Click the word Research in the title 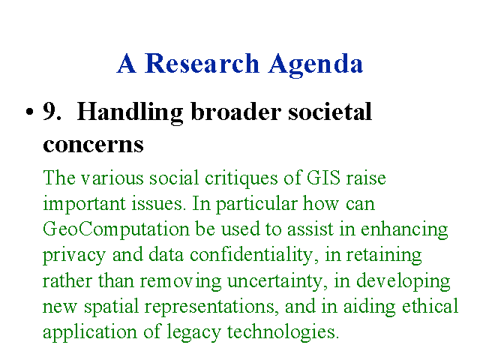pyautogui.click(x=202, y=63)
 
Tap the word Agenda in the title pyautogui.click(x=316, y=65)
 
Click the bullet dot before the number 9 pyautogui.click(x=29, y=112)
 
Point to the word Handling pyautogui.click(x=130, y=113)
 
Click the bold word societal pyautogui.click(x=330, y=111)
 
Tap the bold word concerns pyautogui.click(x=93, y=145)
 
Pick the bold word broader pyautogui.click(x=235, y=111)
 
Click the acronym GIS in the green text pyautogui.click(x=323, y=177)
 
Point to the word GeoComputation pyautogui.click(x=116, y=230)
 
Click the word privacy pyautogui.click(x=74, y=256)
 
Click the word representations pyautogui.click(x=211, y=307)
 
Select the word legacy pyautogui.click(x=193, y=332)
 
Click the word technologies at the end pyautogui.click(x=283, y=332)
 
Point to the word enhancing pyautogui.click(x=404, y=230)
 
